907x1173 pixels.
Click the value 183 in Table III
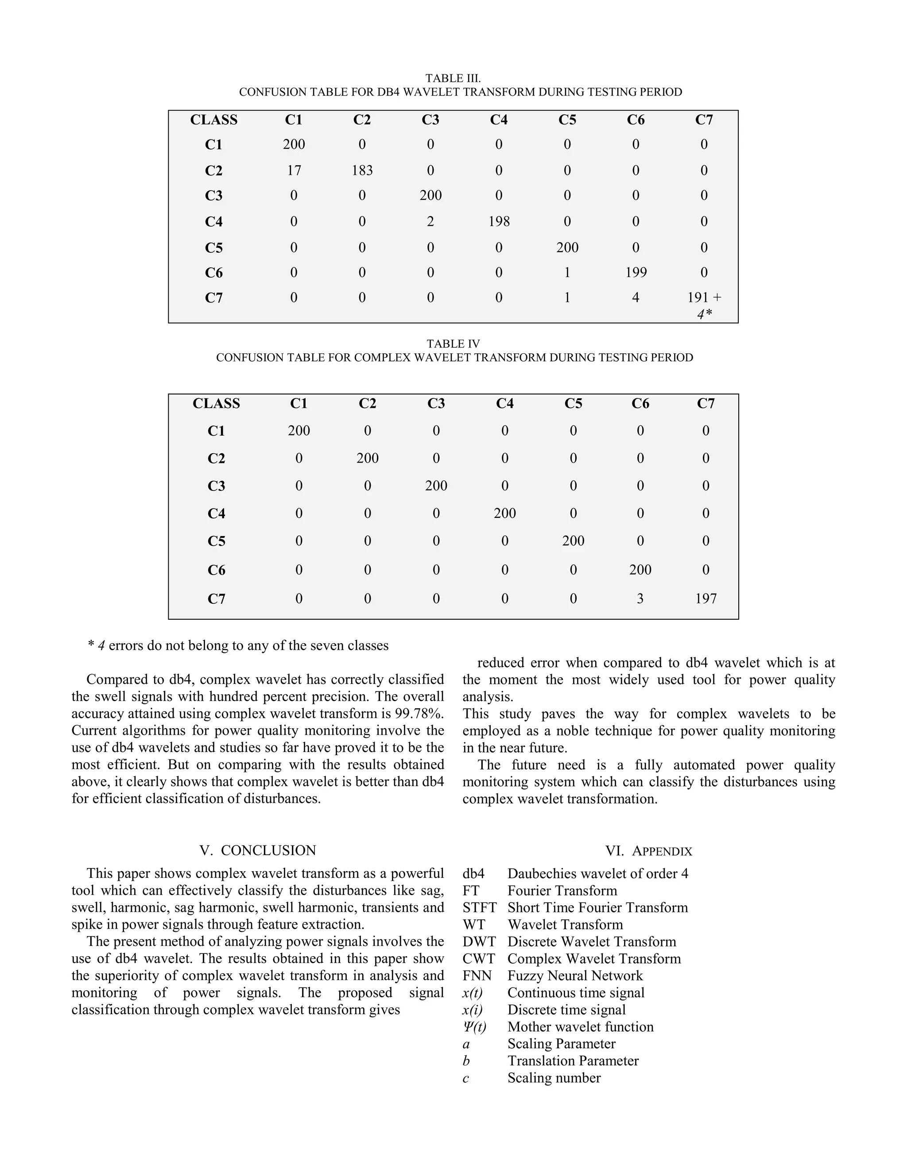point(362,170)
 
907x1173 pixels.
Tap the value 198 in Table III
point(499,221)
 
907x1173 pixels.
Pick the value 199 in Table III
point(636,272)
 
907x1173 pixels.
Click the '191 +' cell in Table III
point(704,297)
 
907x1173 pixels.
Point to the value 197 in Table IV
point(705,598)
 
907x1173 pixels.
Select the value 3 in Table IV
point(640,598)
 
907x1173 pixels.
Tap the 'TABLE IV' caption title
point(453,344)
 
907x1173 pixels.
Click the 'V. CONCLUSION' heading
point(258,850)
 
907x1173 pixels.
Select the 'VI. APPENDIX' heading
point(648,851)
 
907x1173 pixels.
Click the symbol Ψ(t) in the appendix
point(474,1026)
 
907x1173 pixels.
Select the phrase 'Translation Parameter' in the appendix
point(573,1061)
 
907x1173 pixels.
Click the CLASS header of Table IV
point(216,403)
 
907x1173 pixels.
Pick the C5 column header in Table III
point(567,120)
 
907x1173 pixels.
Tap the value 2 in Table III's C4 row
point(430,221)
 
